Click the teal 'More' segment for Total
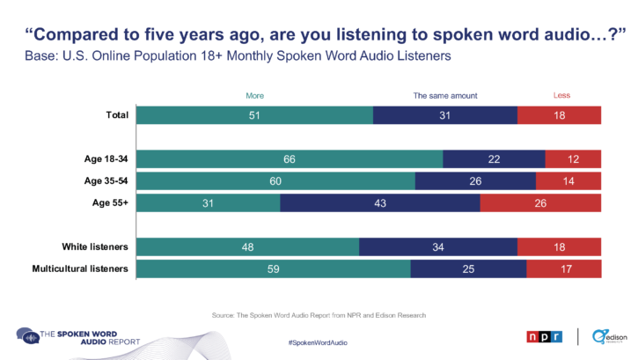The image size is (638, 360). (x=253, y=115)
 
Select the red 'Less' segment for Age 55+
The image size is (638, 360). (x=540, y=203)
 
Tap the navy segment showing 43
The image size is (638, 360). (x=380, y=203)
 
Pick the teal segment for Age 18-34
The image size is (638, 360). (x=290, y=158)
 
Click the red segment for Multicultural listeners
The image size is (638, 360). (x=563, y=268)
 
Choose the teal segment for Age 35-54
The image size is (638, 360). (x=275, y=180)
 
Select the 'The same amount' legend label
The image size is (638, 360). (x=444, y=94)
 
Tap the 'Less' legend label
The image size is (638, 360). (x=561, y=94)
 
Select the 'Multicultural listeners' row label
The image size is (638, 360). (x=80, y=268)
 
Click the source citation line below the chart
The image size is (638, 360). (x=319, y=314)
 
